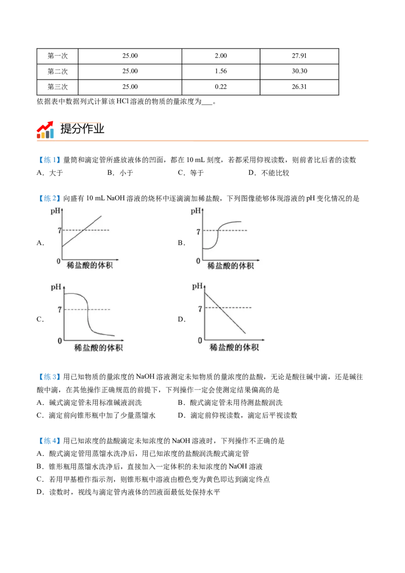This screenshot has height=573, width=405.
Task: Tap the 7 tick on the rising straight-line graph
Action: (x=59, y=230)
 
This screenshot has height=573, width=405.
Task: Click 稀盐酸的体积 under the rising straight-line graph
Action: (x=89, y=266)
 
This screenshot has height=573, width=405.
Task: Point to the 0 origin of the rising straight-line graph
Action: (x=58, y=261)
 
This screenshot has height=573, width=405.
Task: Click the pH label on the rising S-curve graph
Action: (x=196, y=210)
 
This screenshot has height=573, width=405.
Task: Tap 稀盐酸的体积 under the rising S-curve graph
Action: (x=230, y=266)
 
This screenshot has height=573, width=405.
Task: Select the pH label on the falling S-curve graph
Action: (x=56, y=287)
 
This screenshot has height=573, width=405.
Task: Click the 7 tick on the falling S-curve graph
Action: (x=59, y=309)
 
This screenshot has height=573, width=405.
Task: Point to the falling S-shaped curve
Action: (x=89, y=314)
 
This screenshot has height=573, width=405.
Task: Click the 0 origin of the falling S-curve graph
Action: (x=59, y=341)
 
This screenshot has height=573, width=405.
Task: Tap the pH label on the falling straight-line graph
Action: (x=197, y=286)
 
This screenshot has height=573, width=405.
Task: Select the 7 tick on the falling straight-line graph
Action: (x=200, y=308)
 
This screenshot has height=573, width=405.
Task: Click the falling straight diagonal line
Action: (x=225, y=313)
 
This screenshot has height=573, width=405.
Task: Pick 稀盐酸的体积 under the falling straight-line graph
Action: (x=234, y=347)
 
